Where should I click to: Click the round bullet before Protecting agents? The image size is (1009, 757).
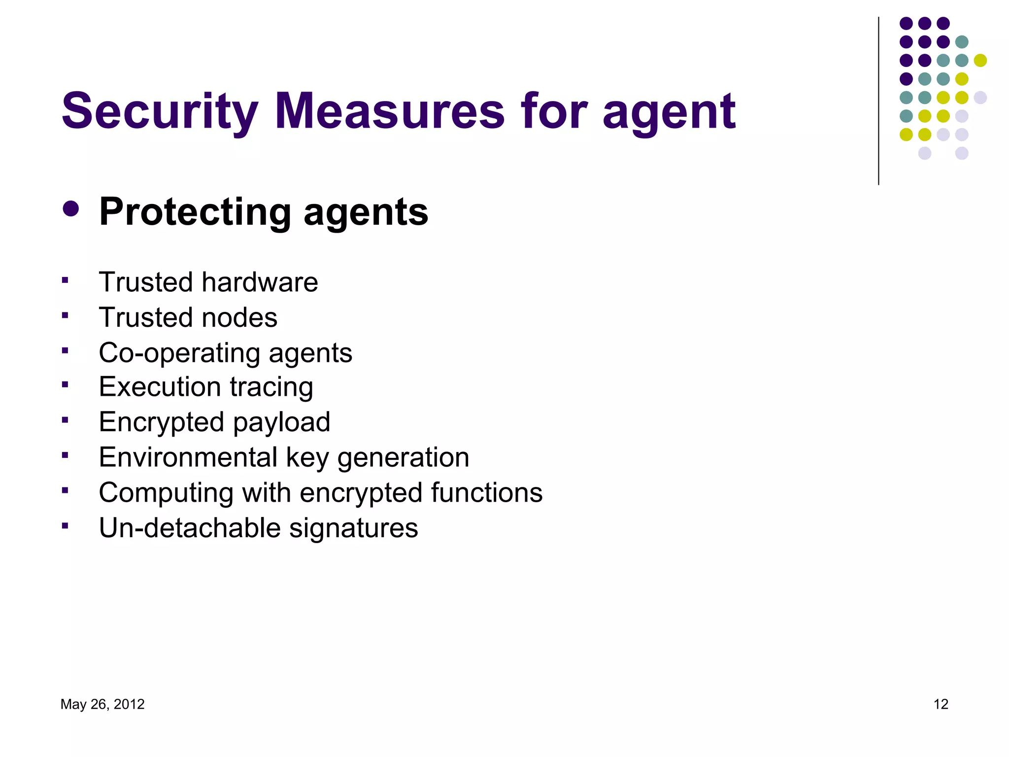[71, 208]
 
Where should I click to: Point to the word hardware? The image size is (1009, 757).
[260, 282]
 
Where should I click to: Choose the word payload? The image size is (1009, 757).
[281, 423]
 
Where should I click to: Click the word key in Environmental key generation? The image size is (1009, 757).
[307, 458]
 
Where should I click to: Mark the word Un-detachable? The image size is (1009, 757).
[190, 528]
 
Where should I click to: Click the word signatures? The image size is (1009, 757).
[353, 528]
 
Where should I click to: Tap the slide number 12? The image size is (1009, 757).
[941, 704]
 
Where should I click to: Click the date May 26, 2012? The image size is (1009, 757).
[102, 704]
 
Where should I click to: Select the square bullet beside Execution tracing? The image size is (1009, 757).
[65, 385]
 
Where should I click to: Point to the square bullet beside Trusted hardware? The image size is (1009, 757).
[65, 280]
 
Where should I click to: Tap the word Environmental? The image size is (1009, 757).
[188, 457]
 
